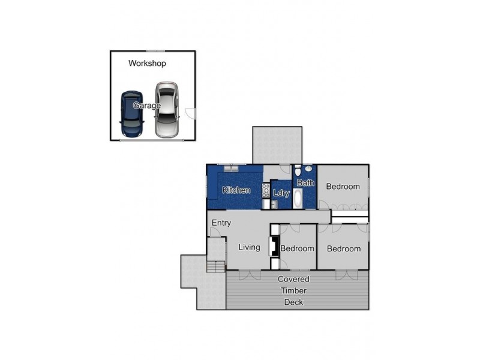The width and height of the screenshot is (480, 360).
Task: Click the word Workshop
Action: [x=147, y=63]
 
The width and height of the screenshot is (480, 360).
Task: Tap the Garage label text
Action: [x=147, y=106]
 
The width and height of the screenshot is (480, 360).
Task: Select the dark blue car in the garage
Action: [x=131, y=113]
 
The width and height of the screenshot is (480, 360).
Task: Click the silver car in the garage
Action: [x=167, y=110]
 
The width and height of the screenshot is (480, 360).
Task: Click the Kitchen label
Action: [x=236, y=190]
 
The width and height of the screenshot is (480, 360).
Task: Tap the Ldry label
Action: [x=281, y=193]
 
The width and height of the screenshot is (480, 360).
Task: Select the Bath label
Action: [x=305, y=183]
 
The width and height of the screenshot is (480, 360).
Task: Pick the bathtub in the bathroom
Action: [x=298, y=199]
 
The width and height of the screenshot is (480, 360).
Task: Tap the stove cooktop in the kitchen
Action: [x=266, y=191]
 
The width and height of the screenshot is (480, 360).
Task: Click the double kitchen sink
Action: [x=231, y=169]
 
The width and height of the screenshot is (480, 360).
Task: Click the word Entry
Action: [x=221, y=223]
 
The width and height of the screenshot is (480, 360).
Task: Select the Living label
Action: [x=248, y=247]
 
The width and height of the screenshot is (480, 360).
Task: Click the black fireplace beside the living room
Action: [x=273, y=247]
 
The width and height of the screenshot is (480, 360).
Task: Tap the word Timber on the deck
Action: [x=293, y=290]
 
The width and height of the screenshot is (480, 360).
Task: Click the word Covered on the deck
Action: [x=293, y=279]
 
